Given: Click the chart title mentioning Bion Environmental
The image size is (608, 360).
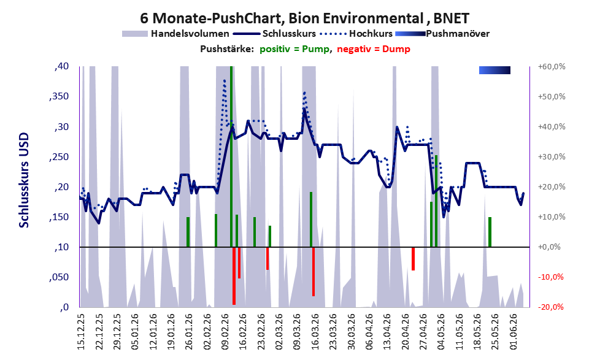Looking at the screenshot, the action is point(304,18).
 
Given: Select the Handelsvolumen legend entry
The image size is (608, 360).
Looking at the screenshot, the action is point(175,34).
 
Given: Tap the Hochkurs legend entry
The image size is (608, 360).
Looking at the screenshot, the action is point(356,34).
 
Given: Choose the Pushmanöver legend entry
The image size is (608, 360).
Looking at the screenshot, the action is point(442,34).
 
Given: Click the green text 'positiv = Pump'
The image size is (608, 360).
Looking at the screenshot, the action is point(294,49).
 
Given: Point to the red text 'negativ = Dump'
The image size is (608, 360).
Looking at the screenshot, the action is point(374,49).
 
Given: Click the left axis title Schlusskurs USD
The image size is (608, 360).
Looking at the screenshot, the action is point(24,180).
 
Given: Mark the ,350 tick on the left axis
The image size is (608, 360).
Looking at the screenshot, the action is point(60,96).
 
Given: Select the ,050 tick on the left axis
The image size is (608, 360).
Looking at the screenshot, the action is point(60,277).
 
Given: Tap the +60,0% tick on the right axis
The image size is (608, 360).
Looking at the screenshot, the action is point(552,67).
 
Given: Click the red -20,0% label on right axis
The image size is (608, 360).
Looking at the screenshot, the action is point(550,307).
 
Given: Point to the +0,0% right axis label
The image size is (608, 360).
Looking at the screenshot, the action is point(549,247).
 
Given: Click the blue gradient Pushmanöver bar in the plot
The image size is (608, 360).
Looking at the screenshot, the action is point(494,70).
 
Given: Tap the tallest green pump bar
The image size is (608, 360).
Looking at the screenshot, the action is point(231,156).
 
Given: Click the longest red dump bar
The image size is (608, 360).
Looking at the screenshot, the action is point(234,276).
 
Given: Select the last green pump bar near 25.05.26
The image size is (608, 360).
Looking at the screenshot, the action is point(490,232).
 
